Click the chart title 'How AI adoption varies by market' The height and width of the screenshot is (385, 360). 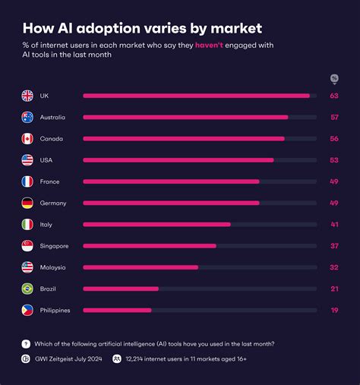[x=142, y=29]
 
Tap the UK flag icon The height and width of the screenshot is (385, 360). [x=27, y=96]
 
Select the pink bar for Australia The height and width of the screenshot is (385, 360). [x=185, y=117]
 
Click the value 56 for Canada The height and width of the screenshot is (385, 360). [x=333, y=139]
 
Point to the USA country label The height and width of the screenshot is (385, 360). [x=46, y=160]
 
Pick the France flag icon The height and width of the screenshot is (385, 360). [x=27, y=181]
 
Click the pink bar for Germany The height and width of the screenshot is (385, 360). [x=171, y=203]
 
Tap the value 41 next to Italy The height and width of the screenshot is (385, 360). [x=333, y=225]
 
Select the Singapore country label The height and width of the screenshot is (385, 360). [x=54, y=246]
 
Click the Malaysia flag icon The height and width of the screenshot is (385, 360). [x=27, y=267]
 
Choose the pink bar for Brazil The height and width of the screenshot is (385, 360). [x=121, y=289]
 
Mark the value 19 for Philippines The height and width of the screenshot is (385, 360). [x=333, y=311]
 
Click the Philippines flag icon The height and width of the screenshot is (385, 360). [x=27, y=310]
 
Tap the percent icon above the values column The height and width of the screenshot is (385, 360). [x=333, y=79]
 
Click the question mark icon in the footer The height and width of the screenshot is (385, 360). [x=26, y=344]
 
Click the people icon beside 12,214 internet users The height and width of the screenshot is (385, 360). [x=117, y=359]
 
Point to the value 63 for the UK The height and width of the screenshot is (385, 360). [x=333, y=96]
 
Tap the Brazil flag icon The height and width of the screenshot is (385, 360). [x=27, y=289]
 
